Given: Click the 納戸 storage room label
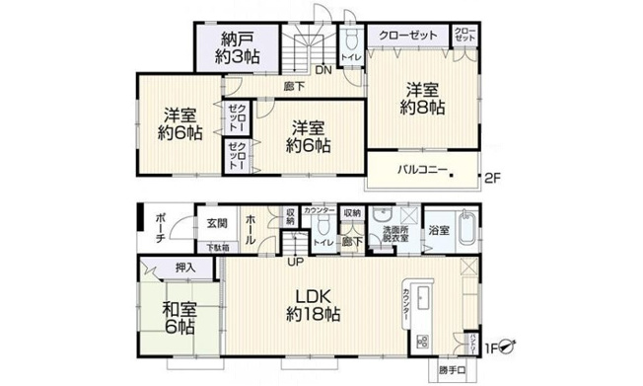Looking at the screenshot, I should pyautogui.click(x=238, y=39).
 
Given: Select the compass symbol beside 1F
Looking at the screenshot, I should pyautogui.click(x=509, y=347).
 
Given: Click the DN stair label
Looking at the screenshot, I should pyautogui.click(x=322, y=70).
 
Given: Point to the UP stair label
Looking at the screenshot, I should pyautogui.click(x=295, y=262).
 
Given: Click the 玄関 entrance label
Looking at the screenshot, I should pyautogui.click(x=217, y=223).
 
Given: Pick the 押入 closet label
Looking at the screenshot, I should pyautogui.click(x=184, y=268).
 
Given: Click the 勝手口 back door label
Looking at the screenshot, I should pyautogui.click(x=453, y=371).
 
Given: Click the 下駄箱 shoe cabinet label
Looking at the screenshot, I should pyautogui.click(x=217, y=247).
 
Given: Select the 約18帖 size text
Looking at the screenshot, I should pyautogui.click(x=313, y=316).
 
